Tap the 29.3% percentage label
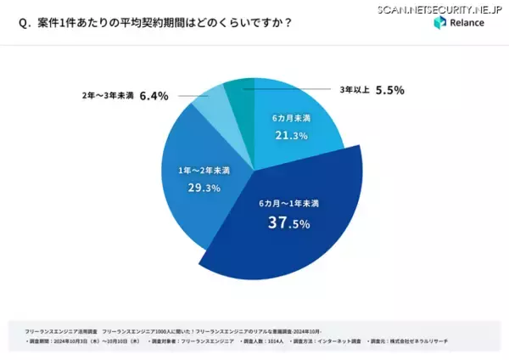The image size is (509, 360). pyautogui.click(x=182, y=187)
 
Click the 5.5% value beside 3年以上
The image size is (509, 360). pyautogui.click(x=389, y=89)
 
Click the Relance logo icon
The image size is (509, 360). pyautogui.click(x=439, y=23)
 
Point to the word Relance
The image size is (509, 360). pyautogui.click(x=467, y=23)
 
